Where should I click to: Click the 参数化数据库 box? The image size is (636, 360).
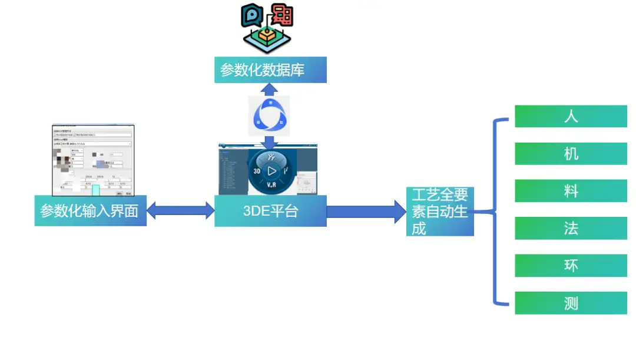[270, 70]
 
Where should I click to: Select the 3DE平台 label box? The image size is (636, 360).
[270, 211]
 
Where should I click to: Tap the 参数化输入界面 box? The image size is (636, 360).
[90, 211]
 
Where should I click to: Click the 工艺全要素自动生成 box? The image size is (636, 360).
[440, 212]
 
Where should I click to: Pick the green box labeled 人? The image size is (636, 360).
[571, 116]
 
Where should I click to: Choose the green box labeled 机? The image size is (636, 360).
[571, 154]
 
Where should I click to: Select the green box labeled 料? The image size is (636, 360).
[571, 191]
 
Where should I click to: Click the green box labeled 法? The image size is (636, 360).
[571, 228]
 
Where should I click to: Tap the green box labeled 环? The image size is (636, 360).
[571, 266]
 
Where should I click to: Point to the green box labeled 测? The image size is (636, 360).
[571, 303]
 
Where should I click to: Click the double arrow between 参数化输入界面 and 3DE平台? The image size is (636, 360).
[180, 210]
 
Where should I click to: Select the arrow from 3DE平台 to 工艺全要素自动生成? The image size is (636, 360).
[366, 211]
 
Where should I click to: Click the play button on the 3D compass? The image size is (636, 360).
[271, 171]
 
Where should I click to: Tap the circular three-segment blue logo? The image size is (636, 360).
[270, 115]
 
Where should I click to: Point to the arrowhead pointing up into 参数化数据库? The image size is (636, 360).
[270, 88]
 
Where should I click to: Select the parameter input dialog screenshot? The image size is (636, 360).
[93, 160]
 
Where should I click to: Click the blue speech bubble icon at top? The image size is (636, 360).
[251, 16]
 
